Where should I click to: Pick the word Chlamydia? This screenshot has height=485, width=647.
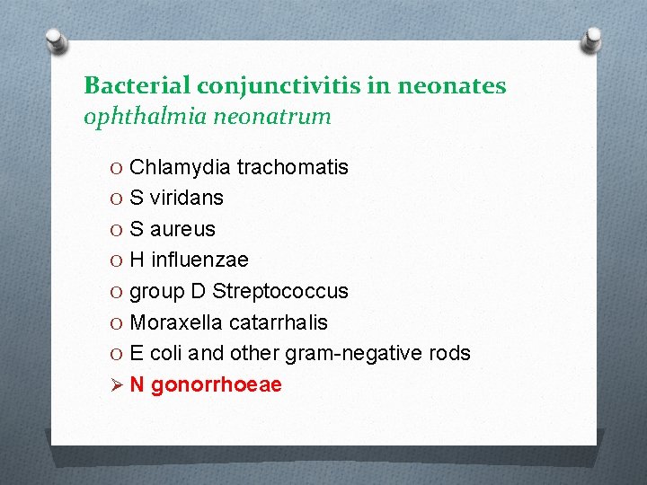pyautogui.click(x=180, y=167)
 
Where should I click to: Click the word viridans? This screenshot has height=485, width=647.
pyautogui.click(x=187, y=198)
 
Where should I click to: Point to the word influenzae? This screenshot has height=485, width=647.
pyautogui.click(x=199, y=260)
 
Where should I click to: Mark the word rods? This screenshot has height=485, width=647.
pyautogui.click(x=449, y=354)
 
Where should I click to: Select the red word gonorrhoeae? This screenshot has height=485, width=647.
pyautogui.click(x=217, y=385)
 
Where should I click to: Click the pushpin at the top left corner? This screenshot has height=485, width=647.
pyautogui.click(x=57, y=40)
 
